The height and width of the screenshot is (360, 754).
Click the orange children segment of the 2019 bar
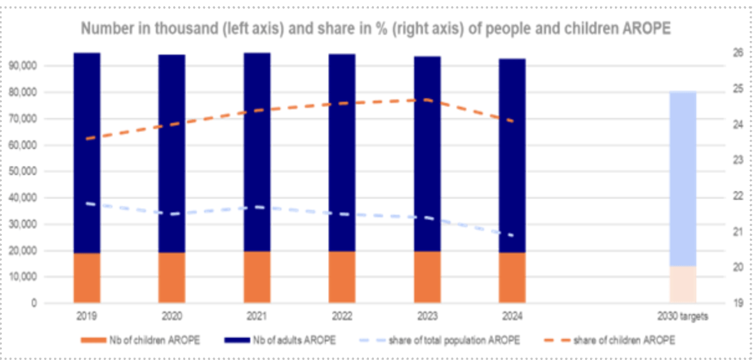[x=87, y=278]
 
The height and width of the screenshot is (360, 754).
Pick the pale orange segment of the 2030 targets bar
[x=682, y=285]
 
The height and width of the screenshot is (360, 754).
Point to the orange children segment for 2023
[x=427, y=277]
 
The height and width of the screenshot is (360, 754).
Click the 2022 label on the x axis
[x=342, y=316]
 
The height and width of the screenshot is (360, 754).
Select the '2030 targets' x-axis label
[x=683, y=316]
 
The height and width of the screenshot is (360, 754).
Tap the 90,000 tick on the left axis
[x=24, y=66]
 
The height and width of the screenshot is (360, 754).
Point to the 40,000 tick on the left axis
[x=24, y=199]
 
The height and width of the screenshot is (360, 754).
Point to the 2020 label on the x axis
[x=172, y=316]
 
